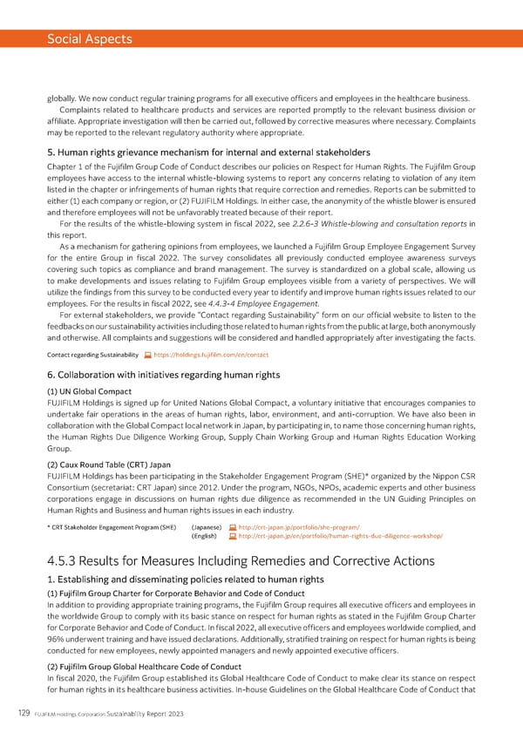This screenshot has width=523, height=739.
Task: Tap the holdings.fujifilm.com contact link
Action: [x=210, y=356]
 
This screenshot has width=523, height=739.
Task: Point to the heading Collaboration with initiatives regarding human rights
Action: [x=163, y=375]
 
